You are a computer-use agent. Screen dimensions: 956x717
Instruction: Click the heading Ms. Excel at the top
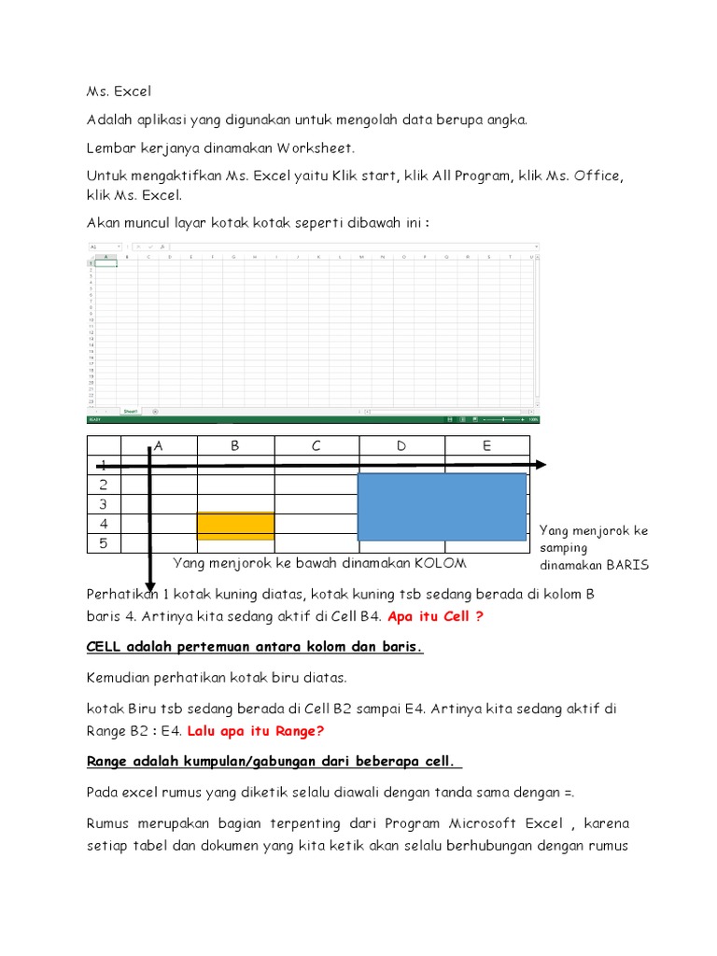coord(119,91)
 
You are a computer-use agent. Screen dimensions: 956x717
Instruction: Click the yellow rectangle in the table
coord(235,526)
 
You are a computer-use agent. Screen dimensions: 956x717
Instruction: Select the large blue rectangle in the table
coord(442,507)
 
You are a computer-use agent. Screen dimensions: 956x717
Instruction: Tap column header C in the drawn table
coord(316,446)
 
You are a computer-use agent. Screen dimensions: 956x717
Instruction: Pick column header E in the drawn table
coord(486,446)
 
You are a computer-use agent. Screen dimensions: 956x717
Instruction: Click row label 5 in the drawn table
coord(104,543)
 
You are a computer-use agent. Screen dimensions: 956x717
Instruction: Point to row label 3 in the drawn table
coord(104,504)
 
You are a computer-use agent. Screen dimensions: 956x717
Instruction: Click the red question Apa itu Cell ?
coord(436,616)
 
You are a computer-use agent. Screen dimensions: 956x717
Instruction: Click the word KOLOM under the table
coord(441,564)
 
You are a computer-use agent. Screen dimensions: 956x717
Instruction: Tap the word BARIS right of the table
coord(627,566)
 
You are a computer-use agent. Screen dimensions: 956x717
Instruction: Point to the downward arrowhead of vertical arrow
coord(149,583)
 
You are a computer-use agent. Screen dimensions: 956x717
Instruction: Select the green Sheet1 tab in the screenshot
coord(131,411)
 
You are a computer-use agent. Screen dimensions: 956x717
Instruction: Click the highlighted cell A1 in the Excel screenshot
coord(106,263)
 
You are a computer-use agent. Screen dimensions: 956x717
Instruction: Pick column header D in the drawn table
coord(401,446)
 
